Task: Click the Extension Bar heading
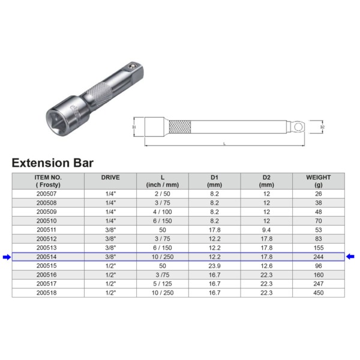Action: point(53,163)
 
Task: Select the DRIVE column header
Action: point(110,178)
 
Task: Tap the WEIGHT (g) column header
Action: point(318,181)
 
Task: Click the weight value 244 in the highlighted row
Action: point(318,257)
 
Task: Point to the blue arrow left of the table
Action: point(6,257)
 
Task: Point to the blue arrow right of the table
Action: point(351,257)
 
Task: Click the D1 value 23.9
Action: point(214,265)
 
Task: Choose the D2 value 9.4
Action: point(266,229)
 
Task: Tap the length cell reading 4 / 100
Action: point(163,212)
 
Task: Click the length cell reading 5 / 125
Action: point(163,283)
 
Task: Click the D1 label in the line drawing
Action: point(135,127)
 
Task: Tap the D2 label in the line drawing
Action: point(322,127)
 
